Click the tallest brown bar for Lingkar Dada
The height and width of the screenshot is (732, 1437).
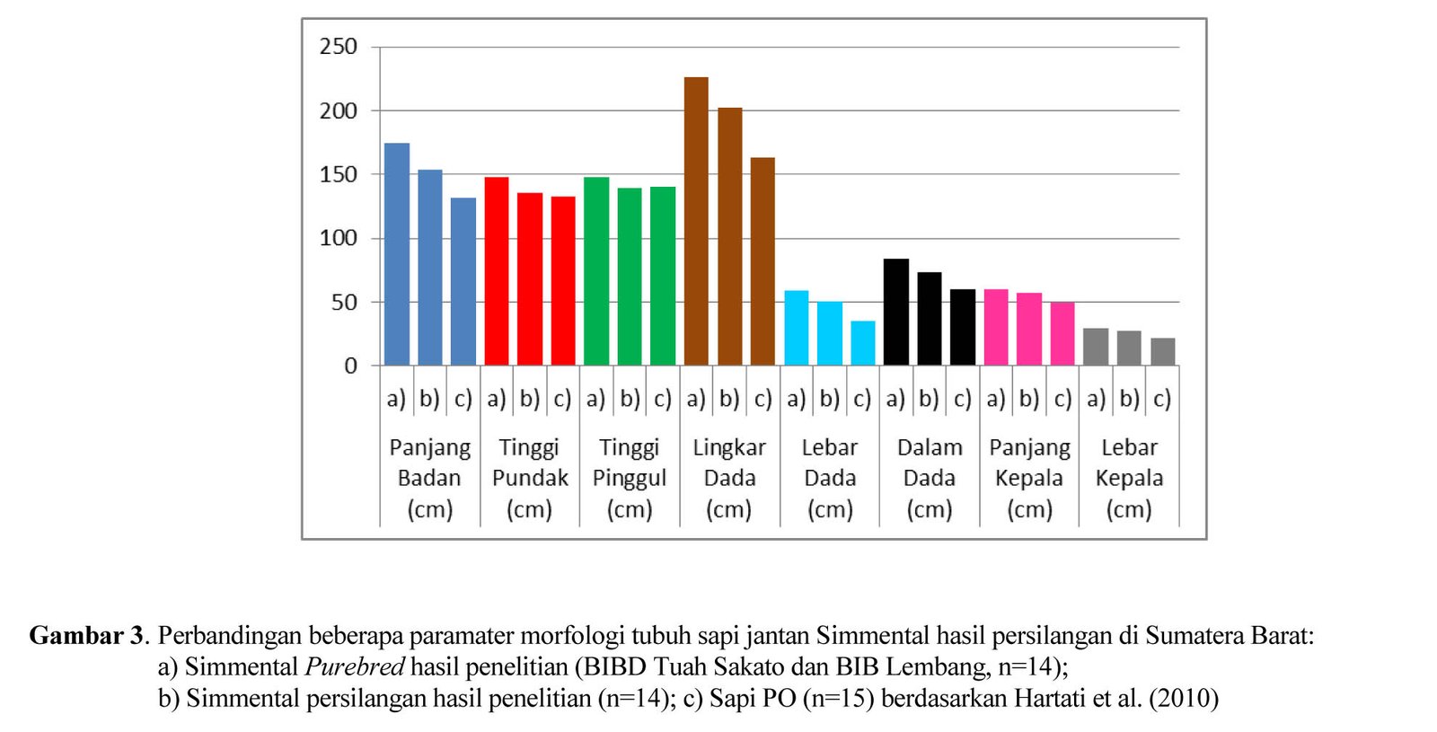[696, 221]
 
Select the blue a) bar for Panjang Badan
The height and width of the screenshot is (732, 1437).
[397, 254]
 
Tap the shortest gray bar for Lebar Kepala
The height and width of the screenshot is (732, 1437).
[1163, 352]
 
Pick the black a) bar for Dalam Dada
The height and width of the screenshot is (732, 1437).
[896, 312]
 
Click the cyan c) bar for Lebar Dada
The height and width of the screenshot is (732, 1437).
[863, 343]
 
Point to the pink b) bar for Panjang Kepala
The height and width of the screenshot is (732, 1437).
[1029, 329]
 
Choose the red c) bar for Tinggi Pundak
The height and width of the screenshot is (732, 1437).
[563, 280]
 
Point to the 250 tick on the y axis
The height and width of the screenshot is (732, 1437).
[339, 47]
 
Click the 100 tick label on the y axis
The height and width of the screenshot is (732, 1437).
[339, 239]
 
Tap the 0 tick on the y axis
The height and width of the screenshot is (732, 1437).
[350, 366]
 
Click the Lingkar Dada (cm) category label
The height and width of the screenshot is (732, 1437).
[729, 478]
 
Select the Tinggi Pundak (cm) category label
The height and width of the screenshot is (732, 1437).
[530, 478]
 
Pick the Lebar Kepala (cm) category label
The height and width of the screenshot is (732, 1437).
[1129, 478]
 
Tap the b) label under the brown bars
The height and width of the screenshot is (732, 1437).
[729, 399]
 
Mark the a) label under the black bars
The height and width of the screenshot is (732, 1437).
[895, 399]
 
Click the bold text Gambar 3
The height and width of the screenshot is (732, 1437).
[86, 636]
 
